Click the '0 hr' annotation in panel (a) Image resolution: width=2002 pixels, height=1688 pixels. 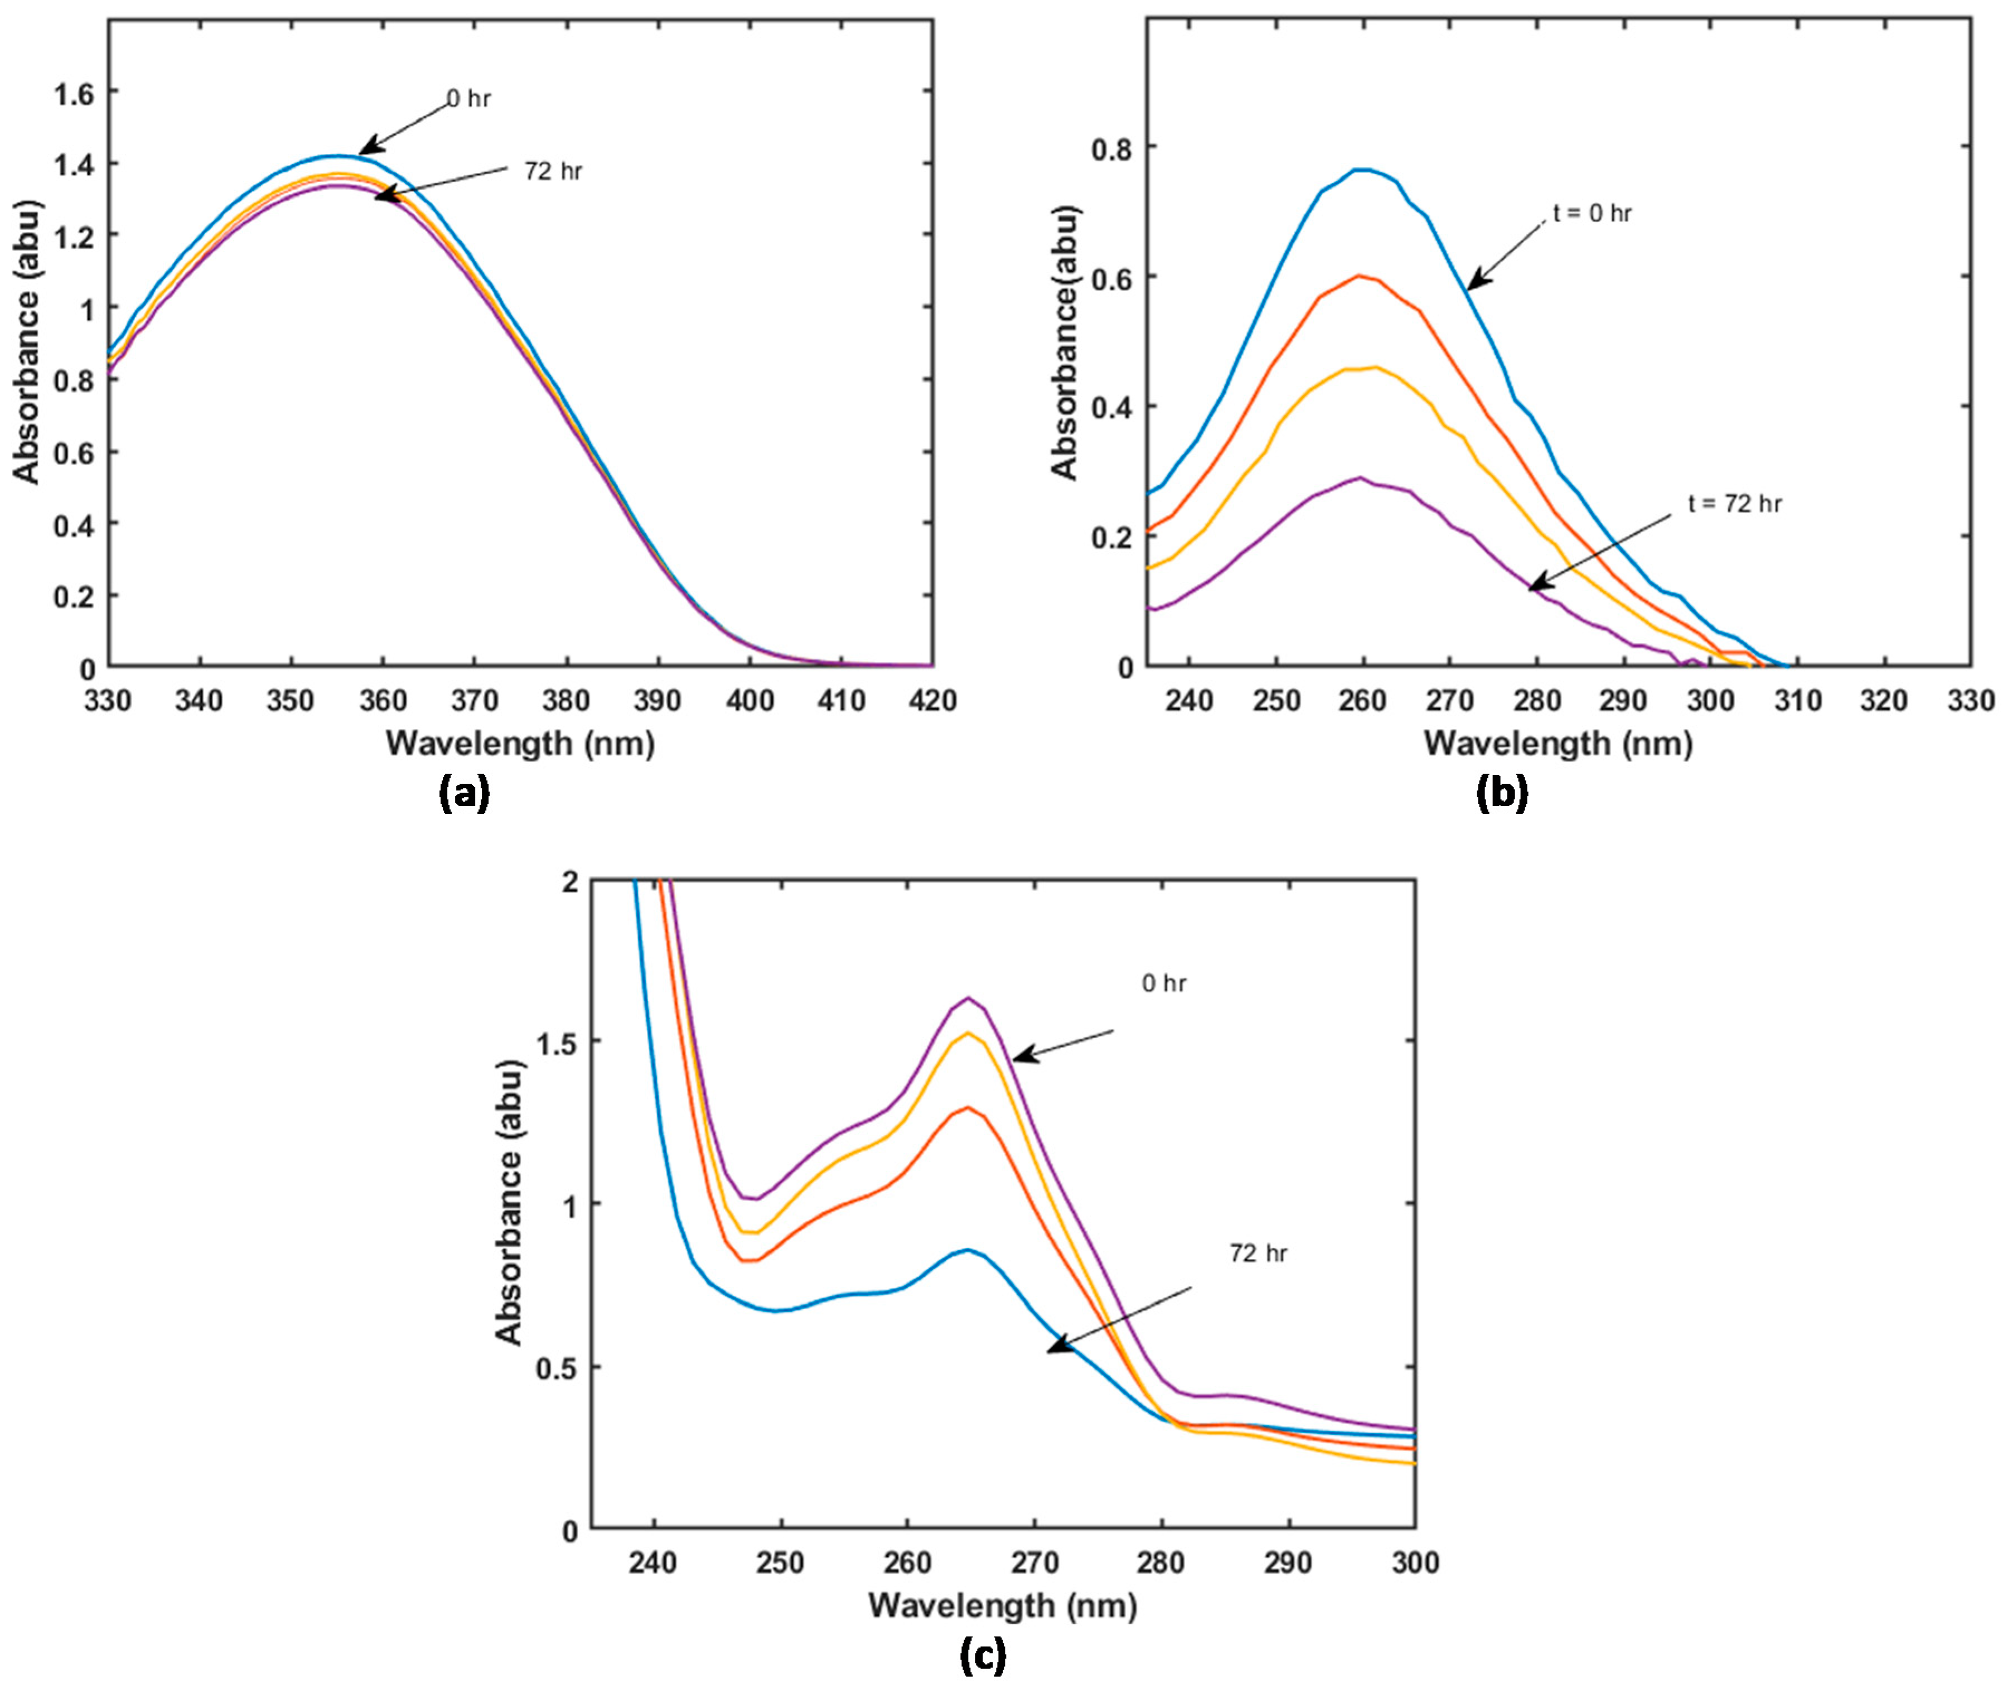pos(468,99)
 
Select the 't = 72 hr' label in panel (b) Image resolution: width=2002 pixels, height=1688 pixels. pos(1734,503)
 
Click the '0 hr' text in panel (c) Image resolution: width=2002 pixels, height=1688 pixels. pos(1163,983)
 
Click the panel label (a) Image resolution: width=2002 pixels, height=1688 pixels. pos(465,793)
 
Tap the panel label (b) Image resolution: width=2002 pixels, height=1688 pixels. pos(1502,793)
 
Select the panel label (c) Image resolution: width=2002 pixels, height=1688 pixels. pos(983,1655)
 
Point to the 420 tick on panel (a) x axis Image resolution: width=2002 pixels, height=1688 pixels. pos(932,701)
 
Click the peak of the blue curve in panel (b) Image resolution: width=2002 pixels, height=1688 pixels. pos(1363,170)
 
